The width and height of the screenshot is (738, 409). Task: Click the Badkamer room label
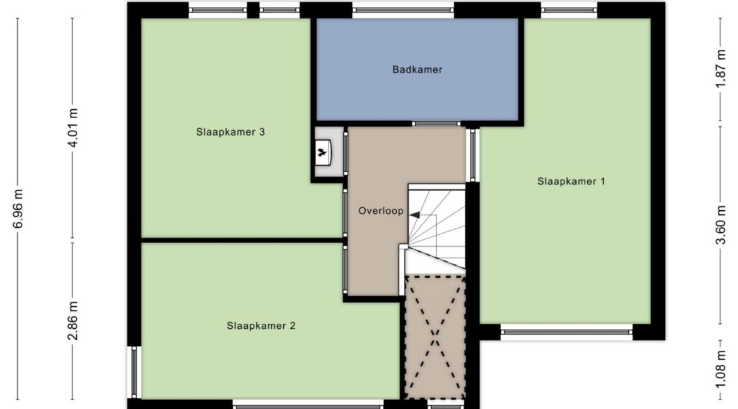[417, 69]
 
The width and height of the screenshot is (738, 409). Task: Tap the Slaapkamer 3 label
[231, 132]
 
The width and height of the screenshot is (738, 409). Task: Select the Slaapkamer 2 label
[261, 326]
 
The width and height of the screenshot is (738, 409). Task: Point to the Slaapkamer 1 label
[571, 181]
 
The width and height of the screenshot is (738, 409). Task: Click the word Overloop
[381, 211]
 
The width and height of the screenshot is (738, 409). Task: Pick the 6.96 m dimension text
[18, 209]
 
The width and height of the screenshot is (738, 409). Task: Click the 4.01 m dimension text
[73, 127]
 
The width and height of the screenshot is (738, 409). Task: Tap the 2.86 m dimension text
[73, 321]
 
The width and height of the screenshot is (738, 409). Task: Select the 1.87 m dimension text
[720, 69]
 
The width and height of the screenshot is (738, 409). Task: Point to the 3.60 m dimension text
[720, 225]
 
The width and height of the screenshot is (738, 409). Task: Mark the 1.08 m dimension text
[720, 371]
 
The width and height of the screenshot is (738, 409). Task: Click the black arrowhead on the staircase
[414, 215]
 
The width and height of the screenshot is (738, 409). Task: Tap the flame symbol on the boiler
[322, 152]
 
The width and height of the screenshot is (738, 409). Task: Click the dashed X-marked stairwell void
[435, 337]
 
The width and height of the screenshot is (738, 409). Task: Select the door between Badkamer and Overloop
[436, 124]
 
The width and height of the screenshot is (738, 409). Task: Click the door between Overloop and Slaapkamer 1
[472, 155]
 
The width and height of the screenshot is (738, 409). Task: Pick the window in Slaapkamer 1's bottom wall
[566, 332]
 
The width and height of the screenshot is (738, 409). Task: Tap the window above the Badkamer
[403, 10]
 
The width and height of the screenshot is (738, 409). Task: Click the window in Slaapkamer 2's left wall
[134, 372]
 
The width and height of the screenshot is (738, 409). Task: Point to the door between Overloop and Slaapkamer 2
[345, 270]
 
